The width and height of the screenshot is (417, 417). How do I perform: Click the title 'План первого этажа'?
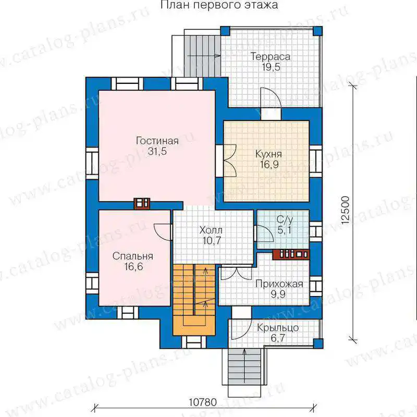click(219, 5)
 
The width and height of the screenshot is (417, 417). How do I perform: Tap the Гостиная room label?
click(157, 141)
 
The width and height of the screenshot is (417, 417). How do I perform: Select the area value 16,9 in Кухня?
click(269, 164)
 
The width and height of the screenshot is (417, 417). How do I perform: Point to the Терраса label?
click(270, 57)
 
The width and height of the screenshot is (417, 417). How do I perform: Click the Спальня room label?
click(133, 256)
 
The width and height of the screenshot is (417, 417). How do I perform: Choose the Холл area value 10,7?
click(212, 241)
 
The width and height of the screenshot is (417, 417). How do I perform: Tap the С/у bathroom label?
click(285, 220)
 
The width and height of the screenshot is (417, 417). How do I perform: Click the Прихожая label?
click(279, 284)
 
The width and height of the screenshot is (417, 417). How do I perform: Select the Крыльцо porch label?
click(278, 328)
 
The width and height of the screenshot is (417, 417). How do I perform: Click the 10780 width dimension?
click(203, 402)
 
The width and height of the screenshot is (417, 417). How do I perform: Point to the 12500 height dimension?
click(346, 210)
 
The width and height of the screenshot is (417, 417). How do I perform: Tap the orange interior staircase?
click(194, 300)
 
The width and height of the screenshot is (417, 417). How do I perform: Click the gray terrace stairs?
click(203, 56)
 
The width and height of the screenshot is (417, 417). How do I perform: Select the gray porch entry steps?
click(244, 367)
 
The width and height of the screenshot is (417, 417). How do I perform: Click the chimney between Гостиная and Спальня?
click(142, 204)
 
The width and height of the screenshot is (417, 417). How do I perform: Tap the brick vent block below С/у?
click(291, 254)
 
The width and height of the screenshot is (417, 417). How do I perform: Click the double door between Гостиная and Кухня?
click(230, 161)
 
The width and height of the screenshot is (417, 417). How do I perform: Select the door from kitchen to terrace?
click(271, 97)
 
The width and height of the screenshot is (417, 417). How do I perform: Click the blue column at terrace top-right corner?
click(317, 31)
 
